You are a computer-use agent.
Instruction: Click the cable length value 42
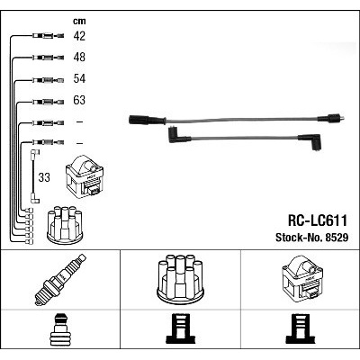pyautogui.click(x=79, y=36)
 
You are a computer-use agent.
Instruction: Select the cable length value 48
pyautogui.click(x=79, y=57)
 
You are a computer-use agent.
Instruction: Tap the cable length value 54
pyautogui.click(x=79, y=78)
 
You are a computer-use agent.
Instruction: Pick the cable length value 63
pyautogui.click(x=79, y=100)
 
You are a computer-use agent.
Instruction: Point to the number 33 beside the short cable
pyautogui.click(x=44, y=177)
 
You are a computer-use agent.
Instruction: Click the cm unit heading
pyautogui.click(x=79, y=21)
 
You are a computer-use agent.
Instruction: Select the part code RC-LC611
pyautogui.click(x=318, y=221)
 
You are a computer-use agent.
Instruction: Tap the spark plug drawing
pyautogui.click(x=60, y=280)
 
